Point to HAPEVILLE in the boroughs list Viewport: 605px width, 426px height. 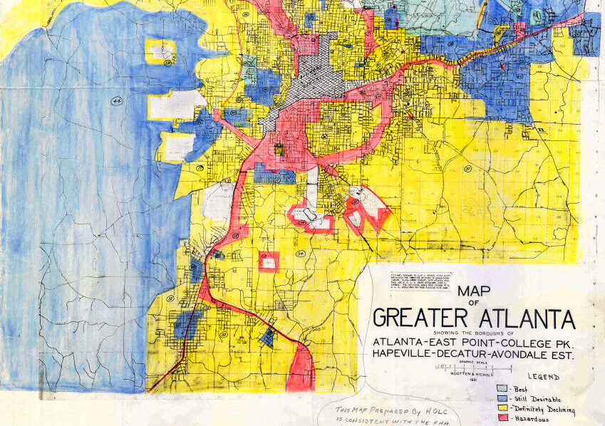tap(404, 354)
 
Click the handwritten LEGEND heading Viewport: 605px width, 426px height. tap(543, 377)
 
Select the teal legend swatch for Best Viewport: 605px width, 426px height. tap(502, 389)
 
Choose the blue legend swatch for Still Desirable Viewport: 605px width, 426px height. tap(502, 399)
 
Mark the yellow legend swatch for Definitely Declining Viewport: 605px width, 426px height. tap(502, 409)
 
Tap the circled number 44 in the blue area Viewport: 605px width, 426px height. tap(116, 101)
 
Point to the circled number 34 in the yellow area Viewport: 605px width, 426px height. tap(301, 253)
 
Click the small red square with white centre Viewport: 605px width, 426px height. tap(268, 261)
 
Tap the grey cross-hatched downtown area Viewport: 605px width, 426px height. tap(314, 78)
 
